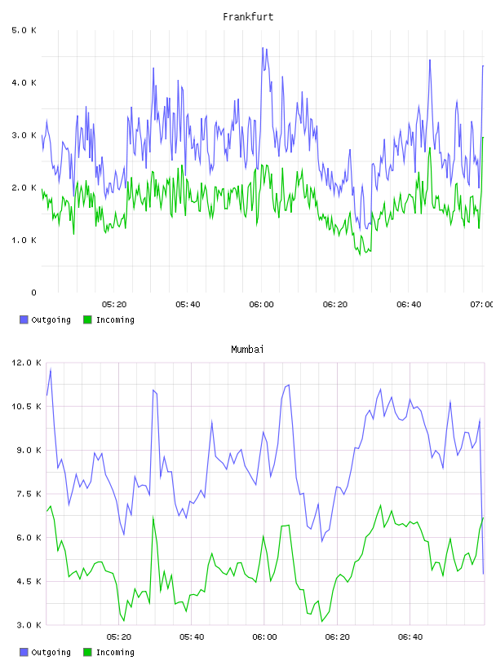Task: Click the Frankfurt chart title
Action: point(248,17)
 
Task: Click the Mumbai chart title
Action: point(247,350)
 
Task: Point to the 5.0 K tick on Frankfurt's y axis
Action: point(24,30)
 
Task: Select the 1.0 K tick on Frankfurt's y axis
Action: point(24,240)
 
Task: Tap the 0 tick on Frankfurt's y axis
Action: point(33,293)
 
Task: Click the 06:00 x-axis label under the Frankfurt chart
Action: point(261,305)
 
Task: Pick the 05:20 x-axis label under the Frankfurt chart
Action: point(114,305)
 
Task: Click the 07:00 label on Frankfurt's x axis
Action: point(481,305)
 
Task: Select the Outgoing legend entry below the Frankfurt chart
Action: point(45,319)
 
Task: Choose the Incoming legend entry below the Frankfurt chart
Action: point(108,319)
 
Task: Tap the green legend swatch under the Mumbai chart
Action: point(87,652)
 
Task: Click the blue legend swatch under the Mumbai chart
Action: point(24,652)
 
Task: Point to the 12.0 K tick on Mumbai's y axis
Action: point(26,363)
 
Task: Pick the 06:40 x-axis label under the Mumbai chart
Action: point(410,637)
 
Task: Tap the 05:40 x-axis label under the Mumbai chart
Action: point(192,637)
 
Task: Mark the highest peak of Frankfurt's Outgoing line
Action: point(263,48)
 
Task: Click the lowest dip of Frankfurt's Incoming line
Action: point(360,254)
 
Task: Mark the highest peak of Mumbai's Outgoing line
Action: point(51,370)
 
